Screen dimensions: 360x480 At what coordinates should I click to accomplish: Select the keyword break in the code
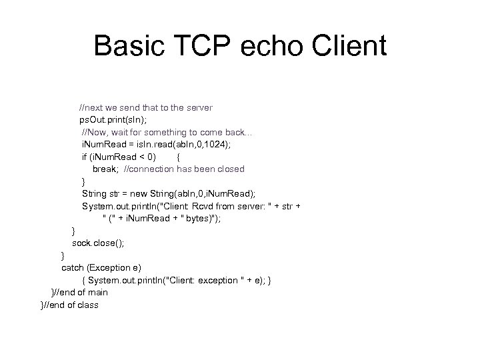pos(105,169)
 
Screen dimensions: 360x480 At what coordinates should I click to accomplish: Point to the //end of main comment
pos(81,292)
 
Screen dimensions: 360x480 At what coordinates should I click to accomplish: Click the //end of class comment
pos(71,305)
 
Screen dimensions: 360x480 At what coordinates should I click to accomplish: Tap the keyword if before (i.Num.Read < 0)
pos(84,157)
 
